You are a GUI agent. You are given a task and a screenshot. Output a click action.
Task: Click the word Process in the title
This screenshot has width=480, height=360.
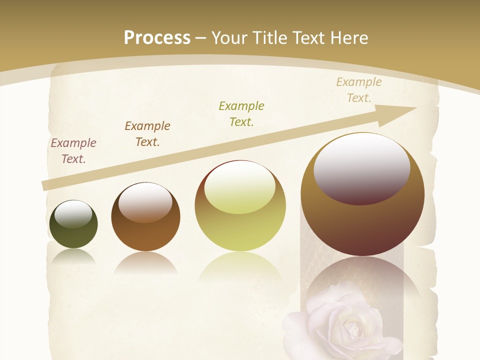coord(157,37)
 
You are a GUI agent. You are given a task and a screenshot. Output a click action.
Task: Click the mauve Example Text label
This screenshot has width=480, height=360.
coord(73,151)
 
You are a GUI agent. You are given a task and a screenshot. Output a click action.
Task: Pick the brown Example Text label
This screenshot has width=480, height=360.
coord(147,134)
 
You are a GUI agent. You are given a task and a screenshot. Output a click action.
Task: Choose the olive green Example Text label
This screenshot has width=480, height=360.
coord(241,113)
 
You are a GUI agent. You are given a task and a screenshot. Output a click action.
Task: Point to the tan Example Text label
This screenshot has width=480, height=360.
coord(358,90)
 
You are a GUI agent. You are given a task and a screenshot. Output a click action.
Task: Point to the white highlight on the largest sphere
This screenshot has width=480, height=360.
coord(361,167)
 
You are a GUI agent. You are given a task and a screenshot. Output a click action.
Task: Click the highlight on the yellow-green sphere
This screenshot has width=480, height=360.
coord(240,186)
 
